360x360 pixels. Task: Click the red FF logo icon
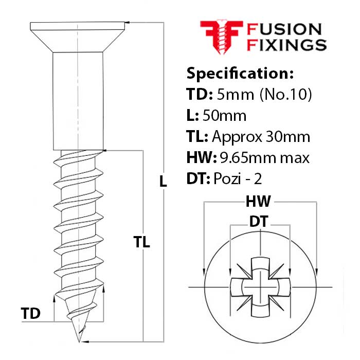pyautogui.click(x=221, y=37)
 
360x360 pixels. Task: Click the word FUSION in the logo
pyautogui.click(x=284, y=30)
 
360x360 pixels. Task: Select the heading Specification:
pyautogui.click(x=240, y=74)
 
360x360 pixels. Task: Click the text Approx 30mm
pyautogui.click(x=261, y=137)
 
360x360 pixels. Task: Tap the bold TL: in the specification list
pyautogui.click(x=196, y=137)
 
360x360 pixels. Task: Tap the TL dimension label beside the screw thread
pyautogui.click(x=141, y=242)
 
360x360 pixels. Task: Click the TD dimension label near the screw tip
pyautogui.click(x=31, y=313)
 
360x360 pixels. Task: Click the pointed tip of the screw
pyautogui.click(x=79, y=340)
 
